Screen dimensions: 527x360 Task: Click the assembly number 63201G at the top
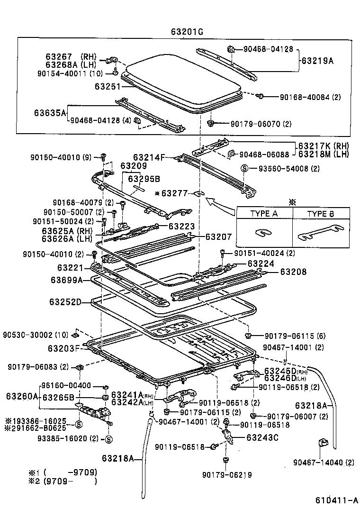187,32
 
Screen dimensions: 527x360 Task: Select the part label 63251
107,87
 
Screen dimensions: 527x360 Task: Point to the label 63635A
50,113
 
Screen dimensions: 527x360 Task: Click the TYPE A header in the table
264,214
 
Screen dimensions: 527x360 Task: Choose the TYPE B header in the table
320,214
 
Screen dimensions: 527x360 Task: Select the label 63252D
65,302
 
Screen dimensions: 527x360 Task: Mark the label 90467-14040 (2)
323,463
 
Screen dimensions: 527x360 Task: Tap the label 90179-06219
226,475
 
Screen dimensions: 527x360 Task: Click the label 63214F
149,157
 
